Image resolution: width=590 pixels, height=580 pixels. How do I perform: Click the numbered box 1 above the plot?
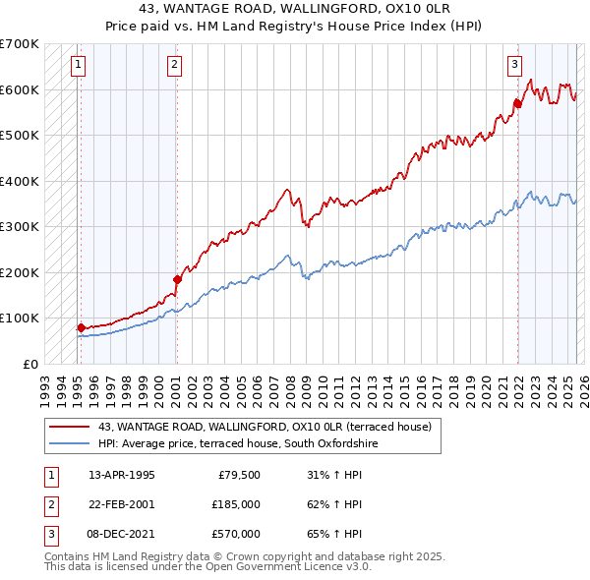(77, 66)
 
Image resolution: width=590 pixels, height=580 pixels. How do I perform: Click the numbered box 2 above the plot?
(173, 66)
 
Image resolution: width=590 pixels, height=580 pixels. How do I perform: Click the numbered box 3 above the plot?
(513, 66)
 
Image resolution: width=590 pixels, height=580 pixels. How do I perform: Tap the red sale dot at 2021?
(517, 102)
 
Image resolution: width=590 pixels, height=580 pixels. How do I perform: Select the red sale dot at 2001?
(177, 279)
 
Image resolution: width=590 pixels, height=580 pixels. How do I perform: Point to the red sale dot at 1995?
(81, 327)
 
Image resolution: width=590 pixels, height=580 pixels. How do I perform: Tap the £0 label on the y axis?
(29, 364)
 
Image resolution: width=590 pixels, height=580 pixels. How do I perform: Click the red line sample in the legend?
(69, 427)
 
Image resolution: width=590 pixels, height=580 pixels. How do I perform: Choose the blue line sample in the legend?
(69, 443)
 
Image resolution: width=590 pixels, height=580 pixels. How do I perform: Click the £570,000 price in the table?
(236, 534)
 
